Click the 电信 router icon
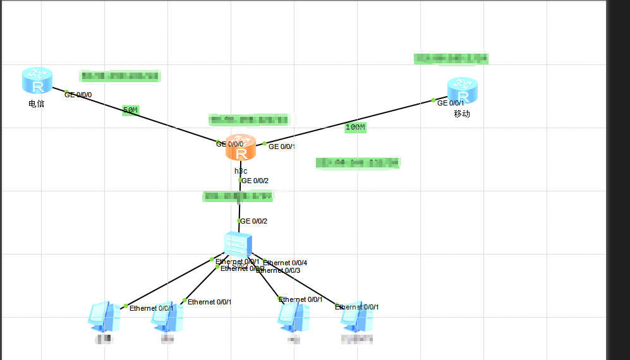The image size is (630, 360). (x=37, y=81)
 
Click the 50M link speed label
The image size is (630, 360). (x=130, y=111)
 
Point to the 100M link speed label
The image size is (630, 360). (x=355, y=127)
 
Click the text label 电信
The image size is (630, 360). (x=37, y=104)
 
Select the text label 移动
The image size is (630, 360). (x=462, y=114)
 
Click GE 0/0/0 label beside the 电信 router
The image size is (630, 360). (x=78, y=95)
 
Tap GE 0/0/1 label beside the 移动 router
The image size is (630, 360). (x=451, y=103)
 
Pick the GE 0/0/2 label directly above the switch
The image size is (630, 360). (x=254, y=221)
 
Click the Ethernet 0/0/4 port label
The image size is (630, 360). (x=285, y=263)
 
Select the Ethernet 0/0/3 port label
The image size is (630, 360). (x=279, y=270)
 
